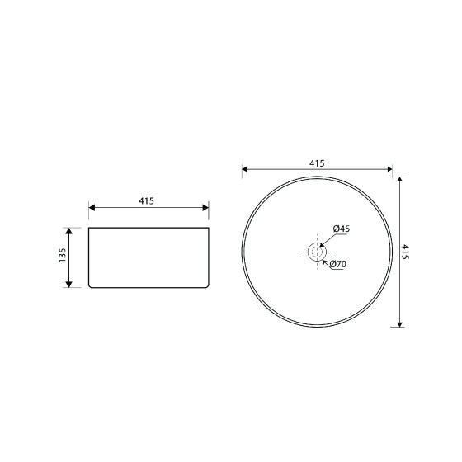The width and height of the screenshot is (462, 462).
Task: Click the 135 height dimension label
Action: pos(63,256)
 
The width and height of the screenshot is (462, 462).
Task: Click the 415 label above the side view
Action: pos(147,201)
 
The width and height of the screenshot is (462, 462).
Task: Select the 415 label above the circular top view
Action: pos(317,163)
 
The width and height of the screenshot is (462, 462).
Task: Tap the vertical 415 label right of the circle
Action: pos(406,252)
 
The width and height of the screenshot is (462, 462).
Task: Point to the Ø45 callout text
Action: pos(342,229)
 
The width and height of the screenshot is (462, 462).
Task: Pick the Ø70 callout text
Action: pos(338,264)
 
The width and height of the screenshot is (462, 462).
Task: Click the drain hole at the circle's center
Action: pos(317,252)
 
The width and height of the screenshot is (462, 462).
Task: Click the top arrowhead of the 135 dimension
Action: pos(69,231)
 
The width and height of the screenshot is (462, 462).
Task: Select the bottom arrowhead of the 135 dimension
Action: pos(69,285)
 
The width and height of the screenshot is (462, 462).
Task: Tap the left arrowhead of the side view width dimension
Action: pos(92,208)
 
